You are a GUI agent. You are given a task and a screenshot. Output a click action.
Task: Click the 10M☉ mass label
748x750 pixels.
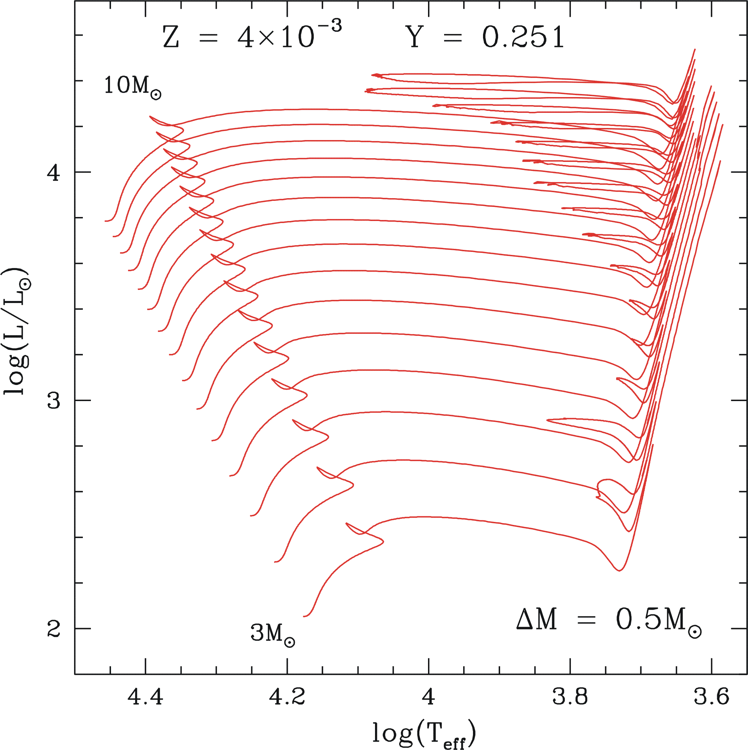(132, 87)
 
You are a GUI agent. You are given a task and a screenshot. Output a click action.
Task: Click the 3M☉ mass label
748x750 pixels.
(272, 633)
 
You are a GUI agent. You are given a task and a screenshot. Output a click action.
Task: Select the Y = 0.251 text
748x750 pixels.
(487, 37)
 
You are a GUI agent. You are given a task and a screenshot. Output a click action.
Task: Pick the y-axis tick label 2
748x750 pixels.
(54, 628)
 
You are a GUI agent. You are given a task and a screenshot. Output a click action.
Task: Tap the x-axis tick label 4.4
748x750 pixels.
(146, 697)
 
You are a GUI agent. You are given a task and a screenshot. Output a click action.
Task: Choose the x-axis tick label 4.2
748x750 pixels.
(287, 697)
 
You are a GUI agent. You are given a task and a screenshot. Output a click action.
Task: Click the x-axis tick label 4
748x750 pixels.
(428, 697)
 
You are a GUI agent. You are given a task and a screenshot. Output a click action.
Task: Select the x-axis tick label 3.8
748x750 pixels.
(570, 697)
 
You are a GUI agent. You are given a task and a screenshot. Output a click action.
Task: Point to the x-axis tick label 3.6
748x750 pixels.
(711, 697)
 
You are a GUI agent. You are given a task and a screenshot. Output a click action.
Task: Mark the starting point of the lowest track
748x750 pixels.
(304, 616)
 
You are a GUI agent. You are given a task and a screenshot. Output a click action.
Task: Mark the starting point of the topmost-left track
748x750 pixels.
(105, 221)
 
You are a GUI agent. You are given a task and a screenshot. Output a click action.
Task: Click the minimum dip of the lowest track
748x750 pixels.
(619, 570)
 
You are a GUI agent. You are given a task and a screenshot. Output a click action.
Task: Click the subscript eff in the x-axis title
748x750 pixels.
(454, 743)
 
